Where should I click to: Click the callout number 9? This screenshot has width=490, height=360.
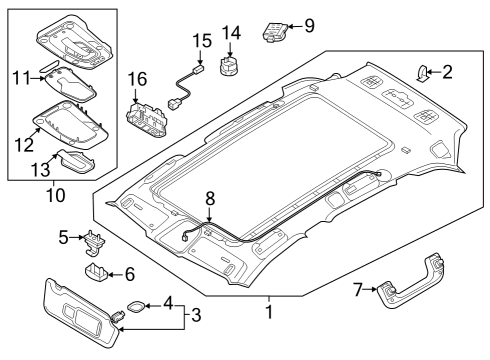click(x=309, y=25)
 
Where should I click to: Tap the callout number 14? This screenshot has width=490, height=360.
click(x=231, y=33)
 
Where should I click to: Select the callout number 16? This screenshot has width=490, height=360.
click(x=137, y=79)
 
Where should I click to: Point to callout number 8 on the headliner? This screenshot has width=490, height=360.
click(x=210, y=198)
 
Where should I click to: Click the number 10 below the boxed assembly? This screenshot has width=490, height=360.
click(x=55, y=195)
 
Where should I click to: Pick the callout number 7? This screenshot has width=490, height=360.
click(x=358, y=289)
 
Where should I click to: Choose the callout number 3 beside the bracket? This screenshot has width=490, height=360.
click(x=196, y=315)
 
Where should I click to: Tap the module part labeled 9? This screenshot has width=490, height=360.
click(x=275, y=32)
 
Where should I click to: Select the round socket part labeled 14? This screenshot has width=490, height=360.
click(x=230, y=65)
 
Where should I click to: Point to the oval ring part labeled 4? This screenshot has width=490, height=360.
click(x=136, y=307)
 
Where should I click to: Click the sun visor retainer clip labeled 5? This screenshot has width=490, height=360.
click(x=93, y=244)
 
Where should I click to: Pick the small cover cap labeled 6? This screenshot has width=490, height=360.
click(x=96, y=270)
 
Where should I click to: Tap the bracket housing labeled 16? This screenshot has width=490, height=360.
click(x=147, y=118)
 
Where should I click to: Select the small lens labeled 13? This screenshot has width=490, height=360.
click(x=76, y=161)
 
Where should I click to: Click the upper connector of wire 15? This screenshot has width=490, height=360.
click(x=199, y=70)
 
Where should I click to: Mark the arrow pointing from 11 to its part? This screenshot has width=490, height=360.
click(x=37, y=79)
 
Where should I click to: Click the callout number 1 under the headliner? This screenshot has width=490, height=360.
click(x=269, y=312)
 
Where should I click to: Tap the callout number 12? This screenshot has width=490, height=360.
click(x=24, y=145)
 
